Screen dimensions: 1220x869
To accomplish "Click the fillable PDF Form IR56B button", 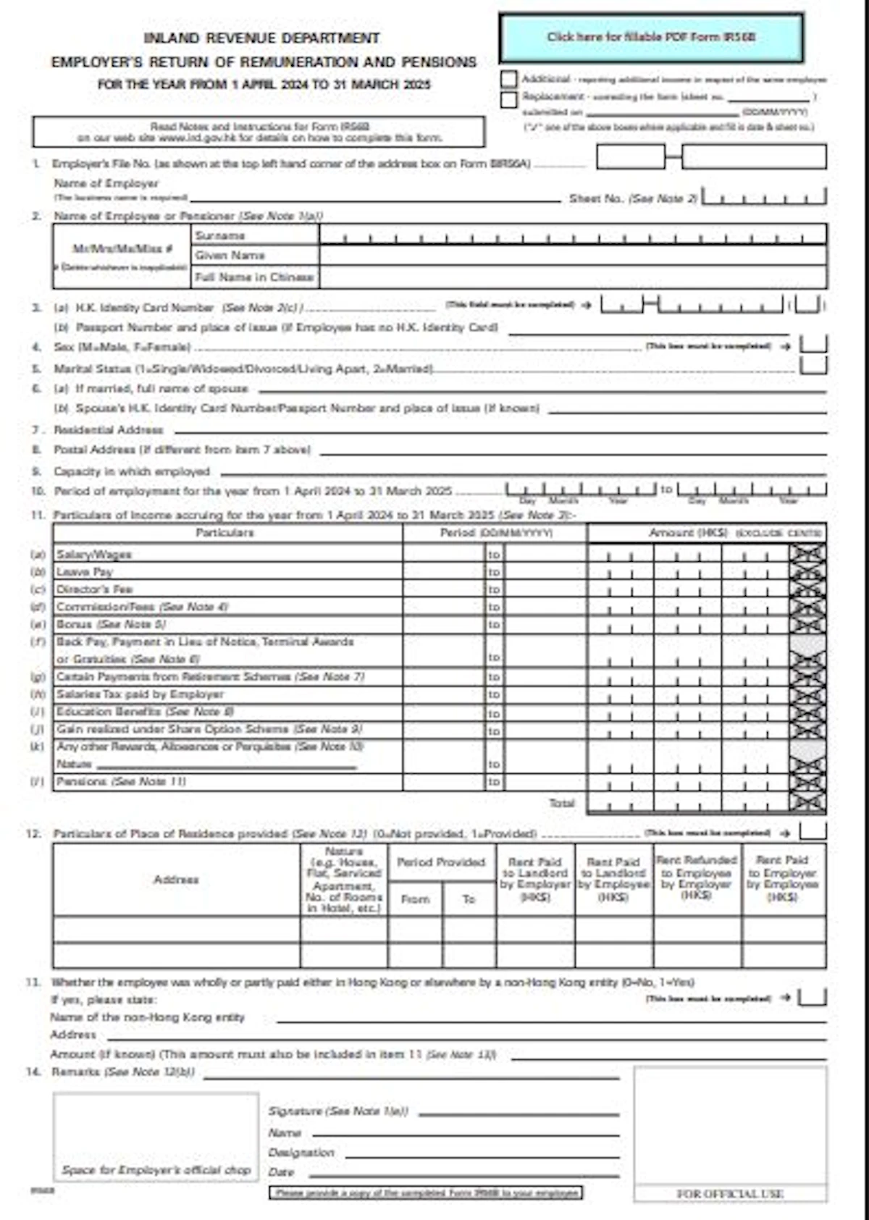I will click(651, 37).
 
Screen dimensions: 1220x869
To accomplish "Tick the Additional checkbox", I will click(509, 79).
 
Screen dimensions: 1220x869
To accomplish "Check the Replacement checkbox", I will click(509, 98).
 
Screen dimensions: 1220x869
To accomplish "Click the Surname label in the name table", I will click(220, 236).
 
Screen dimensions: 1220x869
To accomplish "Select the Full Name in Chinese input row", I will click(572, 277).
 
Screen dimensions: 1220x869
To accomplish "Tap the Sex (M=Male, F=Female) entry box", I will click(813, 345).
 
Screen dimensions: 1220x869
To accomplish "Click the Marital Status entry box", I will click(813, 366).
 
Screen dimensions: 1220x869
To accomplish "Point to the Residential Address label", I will click(109, 430).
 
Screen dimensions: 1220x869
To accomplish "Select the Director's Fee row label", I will click(95, 589).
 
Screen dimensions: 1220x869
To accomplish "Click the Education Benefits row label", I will click(109, 712).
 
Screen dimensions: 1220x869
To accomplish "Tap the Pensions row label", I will click(81, 782).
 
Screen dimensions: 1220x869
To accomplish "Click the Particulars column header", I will click(225, 533).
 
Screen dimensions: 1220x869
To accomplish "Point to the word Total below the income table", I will click(562, 803).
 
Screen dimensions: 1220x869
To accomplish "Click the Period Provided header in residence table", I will click(441, 862).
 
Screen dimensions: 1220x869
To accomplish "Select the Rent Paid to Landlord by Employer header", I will click(535, 879).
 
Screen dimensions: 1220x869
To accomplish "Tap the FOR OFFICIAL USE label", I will click(730, 1194).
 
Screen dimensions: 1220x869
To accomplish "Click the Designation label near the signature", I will click(301, 1153).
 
